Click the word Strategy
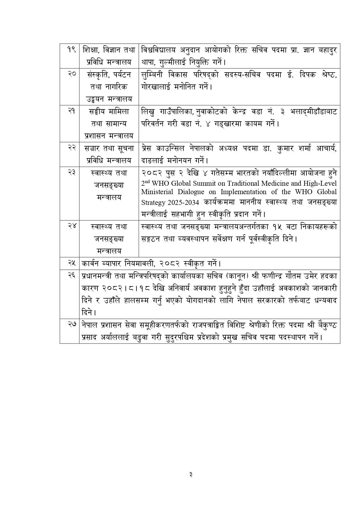tap(153, 202)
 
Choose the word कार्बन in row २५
tap(91, 263)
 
